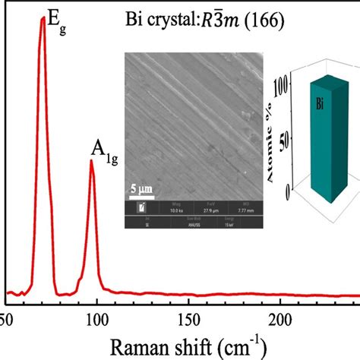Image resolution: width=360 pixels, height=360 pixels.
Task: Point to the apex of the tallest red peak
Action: pos(43,17)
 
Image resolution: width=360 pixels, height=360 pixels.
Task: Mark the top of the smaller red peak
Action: pos(92,160)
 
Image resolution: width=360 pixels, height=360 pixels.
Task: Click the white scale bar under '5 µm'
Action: pos(137,195)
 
